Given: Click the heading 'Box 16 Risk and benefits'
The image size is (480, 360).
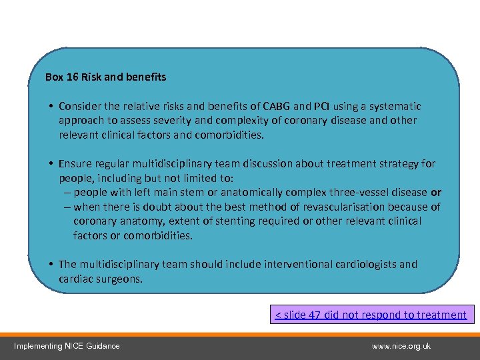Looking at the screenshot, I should click(105, 77).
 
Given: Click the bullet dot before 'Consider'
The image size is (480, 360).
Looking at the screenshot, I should click(51, 107).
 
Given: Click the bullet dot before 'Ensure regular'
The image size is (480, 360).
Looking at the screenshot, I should click(51, 164).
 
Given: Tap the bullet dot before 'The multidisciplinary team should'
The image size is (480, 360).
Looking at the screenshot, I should click(51, 265).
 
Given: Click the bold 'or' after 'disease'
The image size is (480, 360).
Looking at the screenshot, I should click(435, 193).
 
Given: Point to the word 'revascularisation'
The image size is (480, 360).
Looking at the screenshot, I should click(331, 207).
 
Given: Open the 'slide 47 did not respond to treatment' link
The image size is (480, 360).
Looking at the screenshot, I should click(371, 315).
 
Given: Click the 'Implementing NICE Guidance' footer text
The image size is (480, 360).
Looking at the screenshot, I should click(67, 346).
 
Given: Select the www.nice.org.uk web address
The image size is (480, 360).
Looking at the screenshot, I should click(401, 346).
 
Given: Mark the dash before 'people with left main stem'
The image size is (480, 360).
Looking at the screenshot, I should click(68, 193).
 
